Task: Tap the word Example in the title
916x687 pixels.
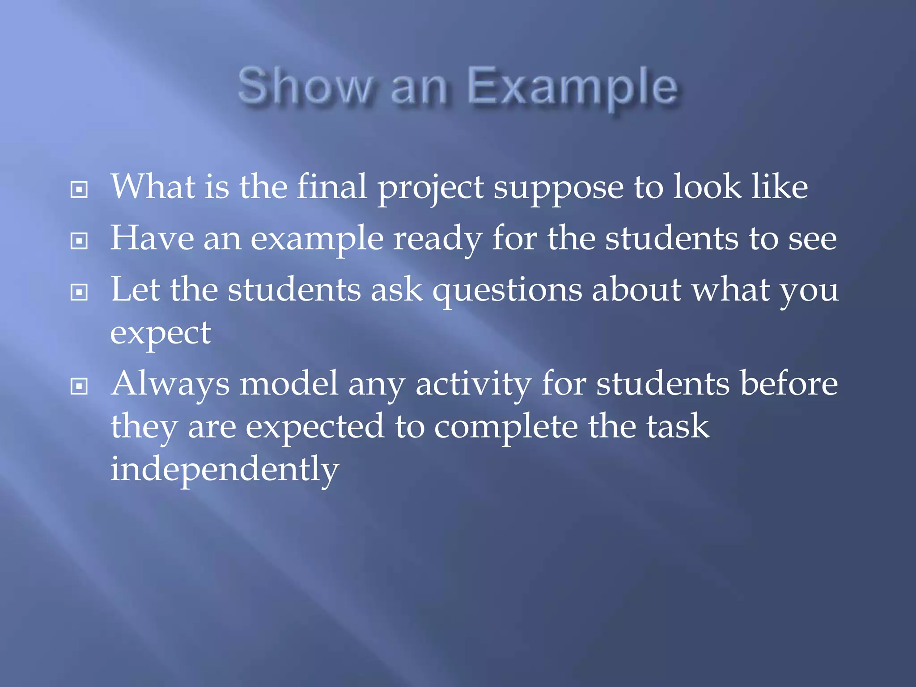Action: [x=572, y=86]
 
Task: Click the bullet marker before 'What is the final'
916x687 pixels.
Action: [x=79, y=190]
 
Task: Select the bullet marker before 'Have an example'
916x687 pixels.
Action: [x=79, y=241]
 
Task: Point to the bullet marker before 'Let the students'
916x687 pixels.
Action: [x=79, y=293]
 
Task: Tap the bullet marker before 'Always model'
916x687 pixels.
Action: [x=79, y=386]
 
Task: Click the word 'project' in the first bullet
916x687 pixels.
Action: [x=431, y=188]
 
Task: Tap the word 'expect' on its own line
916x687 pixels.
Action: [x=160, y=334]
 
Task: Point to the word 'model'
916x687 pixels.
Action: [x=288, y=384]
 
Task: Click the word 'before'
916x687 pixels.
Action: [x=789, y=384]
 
